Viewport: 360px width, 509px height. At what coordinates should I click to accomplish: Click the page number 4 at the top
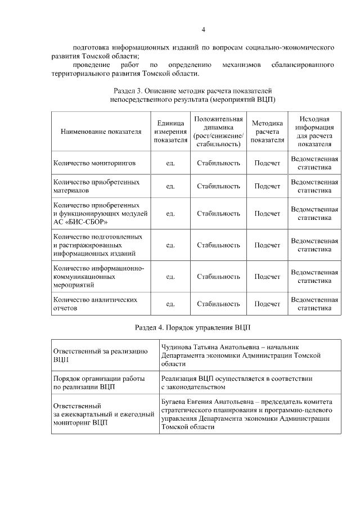point(204,29)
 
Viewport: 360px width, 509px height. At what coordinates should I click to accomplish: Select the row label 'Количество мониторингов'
point(94,163)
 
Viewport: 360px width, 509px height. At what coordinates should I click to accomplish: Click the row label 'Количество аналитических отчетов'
point(95,304)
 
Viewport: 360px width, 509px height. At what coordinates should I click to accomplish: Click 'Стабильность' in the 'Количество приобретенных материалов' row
point(218,186)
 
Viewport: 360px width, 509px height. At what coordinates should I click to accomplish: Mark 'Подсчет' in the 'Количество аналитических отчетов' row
point(267,304)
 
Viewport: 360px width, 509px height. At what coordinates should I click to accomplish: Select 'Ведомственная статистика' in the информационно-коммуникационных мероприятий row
point(314,276)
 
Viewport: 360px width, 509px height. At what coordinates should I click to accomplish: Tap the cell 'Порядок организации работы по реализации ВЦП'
point(98,382)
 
